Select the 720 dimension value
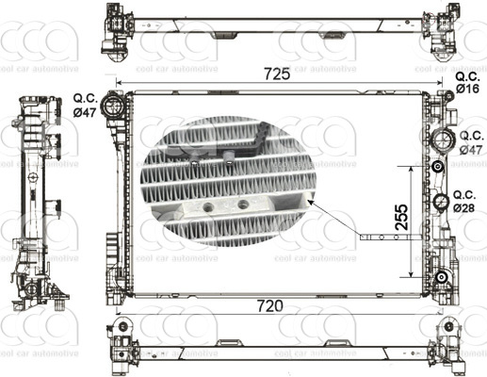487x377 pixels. [x=270, y=306]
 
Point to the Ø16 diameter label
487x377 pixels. [x=468, y=88]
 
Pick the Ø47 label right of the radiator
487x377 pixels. [x=471, y=149]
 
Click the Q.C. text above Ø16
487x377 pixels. [x=468, y=75]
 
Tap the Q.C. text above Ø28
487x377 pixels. [x=464, y=194]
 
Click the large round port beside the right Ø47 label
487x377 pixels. [x=440, y=142]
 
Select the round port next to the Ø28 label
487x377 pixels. [x=440, y=202]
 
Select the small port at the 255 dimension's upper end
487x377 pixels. [x=438, y=167]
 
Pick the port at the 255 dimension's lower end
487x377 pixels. [x=440, y=276]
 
